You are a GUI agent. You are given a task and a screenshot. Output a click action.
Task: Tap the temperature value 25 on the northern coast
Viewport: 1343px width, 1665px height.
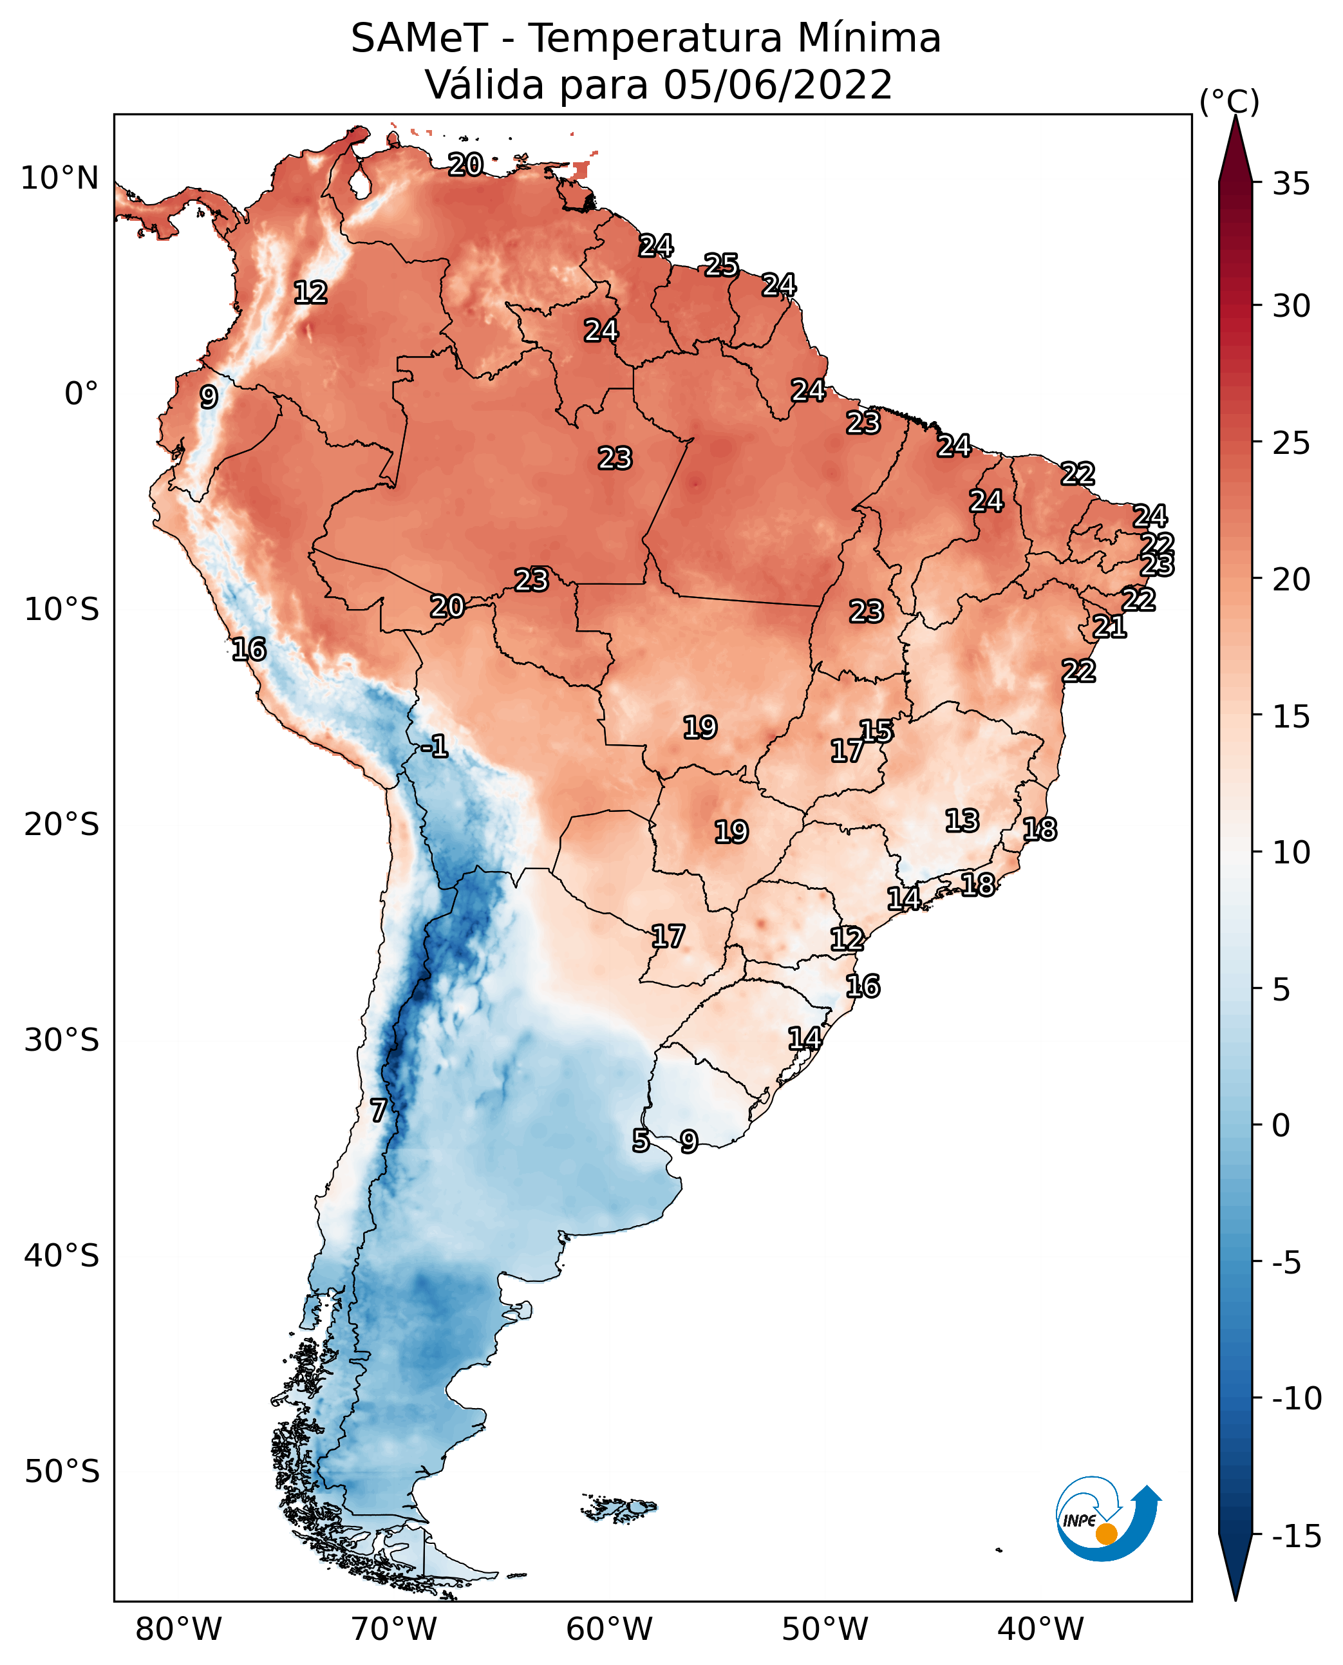(721, 265)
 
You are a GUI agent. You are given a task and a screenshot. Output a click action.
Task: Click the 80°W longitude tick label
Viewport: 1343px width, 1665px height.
(179, 1629)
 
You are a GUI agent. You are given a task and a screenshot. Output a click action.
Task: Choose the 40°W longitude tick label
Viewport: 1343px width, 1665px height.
(1040, 1629)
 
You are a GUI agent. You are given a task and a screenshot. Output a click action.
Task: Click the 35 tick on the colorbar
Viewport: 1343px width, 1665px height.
(1291, 184)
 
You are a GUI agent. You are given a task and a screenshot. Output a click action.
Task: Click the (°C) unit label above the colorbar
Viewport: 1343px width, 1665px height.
(1229, 101)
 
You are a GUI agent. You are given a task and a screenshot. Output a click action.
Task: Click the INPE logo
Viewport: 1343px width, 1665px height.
(1108, 1518)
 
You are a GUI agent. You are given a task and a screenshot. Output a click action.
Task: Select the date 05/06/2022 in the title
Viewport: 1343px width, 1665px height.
(778, 84)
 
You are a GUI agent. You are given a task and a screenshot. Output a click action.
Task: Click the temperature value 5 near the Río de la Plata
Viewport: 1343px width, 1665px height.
(641, 1140)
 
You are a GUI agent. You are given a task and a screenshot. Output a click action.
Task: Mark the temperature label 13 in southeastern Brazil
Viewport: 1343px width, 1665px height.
(962, 820)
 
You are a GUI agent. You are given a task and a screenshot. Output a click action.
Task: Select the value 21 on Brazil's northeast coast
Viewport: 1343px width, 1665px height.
(1109, 626)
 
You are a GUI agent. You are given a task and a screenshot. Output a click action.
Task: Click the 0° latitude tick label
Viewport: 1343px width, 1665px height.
(81, 394)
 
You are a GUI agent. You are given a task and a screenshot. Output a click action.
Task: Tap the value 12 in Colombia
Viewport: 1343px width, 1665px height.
(311, 292)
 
